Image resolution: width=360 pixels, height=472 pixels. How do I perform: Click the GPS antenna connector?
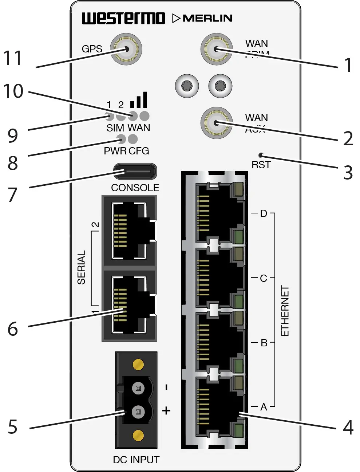click(x=126, y=49)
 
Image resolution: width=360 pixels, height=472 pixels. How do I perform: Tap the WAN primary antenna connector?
click(x=217, y=49)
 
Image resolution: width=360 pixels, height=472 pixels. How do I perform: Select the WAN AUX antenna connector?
click(x=217, y=123)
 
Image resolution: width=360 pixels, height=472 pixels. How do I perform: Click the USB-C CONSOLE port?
click(x=135, y=171)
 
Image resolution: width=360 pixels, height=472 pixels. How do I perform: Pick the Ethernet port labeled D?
click(x=218, y=213)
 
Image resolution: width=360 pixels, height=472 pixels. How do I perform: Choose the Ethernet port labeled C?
click(x=218, y=278)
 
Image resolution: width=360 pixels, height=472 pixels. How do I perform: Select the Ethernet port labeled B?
click(x=218, y=342)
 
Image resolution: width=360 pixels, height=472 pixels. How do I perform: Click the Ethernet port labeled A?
click(x=218, y=407)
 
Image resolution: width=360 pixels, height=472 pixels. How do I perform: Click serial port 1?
click(x=130, y=305)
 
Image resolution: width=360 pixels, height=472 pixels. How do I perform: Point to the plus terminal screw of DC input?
click(x=138, y=412)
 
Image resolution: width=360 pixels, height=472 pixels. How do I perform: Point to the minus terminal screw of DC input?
click(x=138, y=389)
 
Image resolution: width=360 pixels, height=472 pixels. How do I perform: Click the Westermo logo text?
click(x=123, y=18)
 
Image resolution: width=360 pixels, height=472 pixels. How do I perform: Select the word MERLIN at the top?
click(x=207, y=18)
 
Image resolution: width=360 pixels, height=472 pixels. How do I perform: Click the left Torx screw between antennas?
click(x=187, y=86)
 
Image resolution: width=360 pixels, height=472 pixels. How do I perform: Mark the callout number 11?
click(x=13, y=58)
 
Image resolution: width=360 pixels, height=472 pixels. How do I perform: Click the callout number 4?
click(x=348, y=428)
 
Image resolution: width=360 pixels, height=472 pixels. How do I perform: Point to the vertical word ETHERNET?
click(x=285, y=311)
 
